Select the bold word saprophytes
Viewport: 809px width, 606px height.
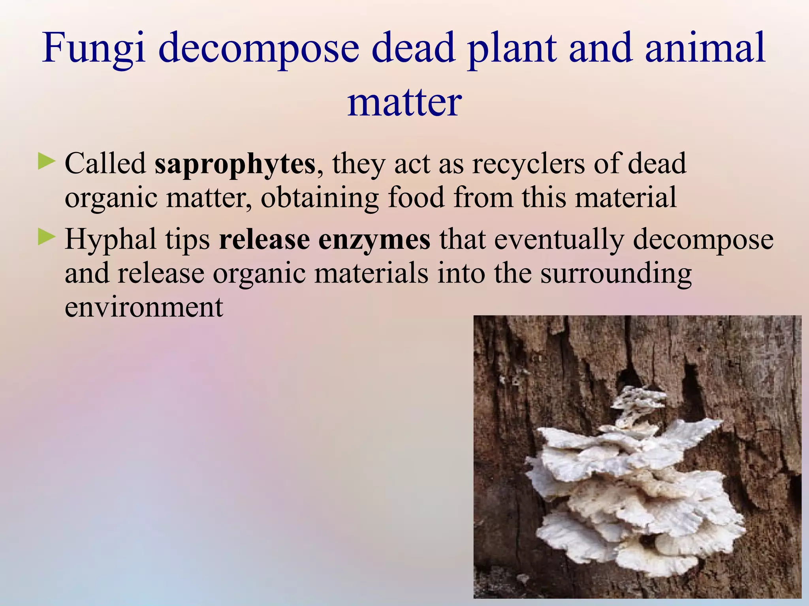[235, 164]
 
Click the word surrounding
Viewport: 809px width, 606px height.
[616, 274]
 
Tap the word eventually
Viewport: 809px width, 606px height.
[559, 240]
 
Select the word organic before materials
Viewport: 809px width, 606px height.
[259, 274]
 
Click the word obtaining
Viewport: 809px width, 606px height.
[320, 198]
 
